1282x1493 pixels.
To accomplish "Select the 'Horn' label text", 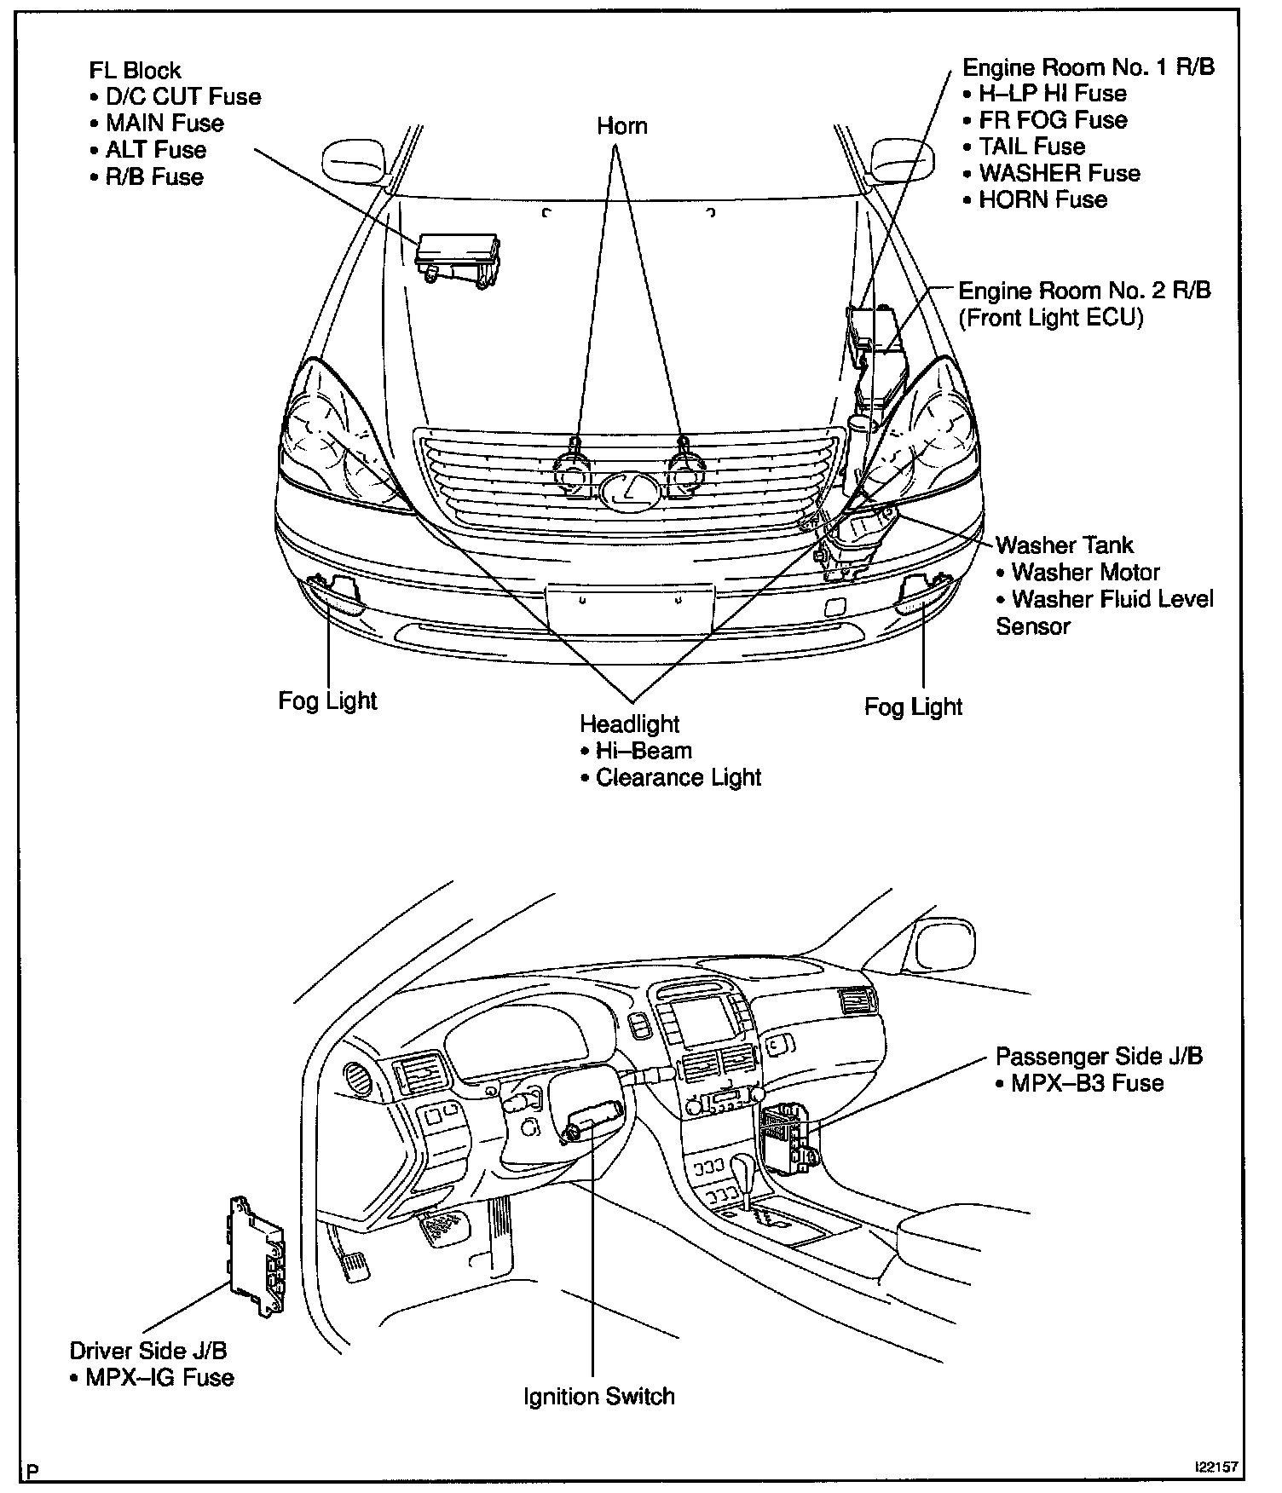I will pos(621,126).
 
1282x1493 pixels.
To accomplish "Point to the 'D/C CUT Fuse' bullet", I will pos(182,96).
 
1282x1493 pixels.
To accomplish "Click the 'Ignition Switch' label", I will pos(599,1396).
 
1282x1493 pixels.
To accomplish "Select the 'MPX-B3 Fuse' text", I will pos(1087,1083).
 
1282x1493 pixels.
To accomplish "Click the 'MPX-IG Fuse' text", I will pos(159,1377).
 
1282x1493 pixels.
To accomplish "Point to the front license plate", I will pos(628,608).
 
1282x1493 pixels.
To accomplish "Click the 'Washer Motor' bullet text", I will pos(1085,572).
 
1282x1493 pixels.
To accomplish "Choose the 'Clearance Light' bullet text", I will pos(678,777).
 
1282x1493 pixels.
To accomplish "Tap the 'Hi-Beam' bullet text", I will pos(644,751).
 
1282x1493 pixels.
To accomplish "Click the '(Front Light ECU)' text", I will pos(1051,318).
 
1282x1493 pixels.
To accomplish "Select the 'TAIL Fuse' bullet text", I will pos(1031,146).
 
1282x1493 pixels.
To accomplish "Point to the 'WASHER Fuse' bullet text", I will pos(1059,173).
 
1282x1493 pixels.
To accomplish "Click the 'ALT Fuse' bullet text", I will pos(155,150).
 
